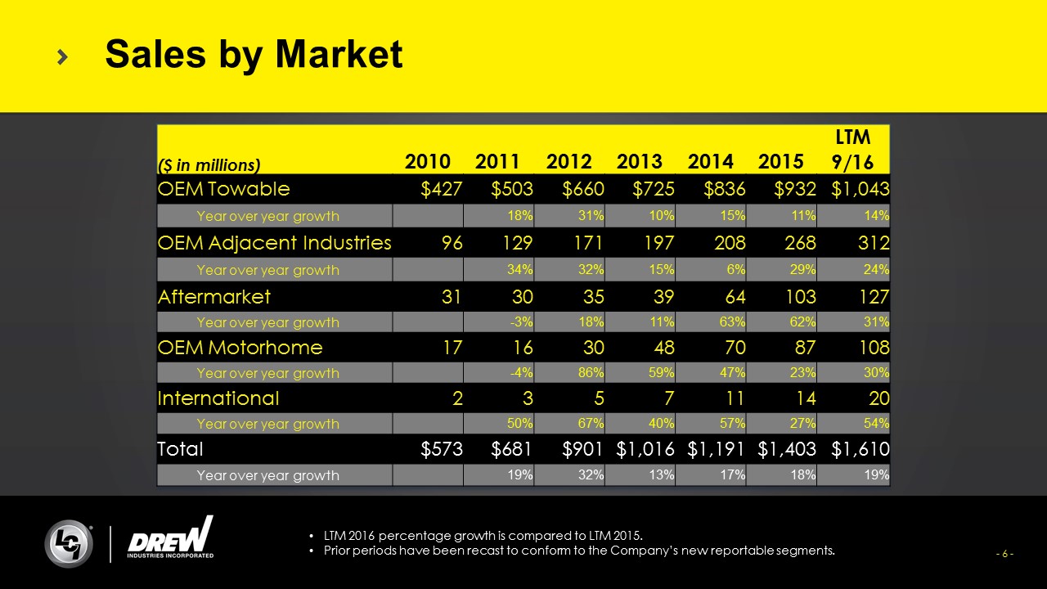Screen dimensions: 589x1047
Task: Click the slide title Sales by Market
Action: tap(254, 55)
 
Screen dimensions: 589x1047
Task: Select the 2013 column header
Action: tap(640, 162)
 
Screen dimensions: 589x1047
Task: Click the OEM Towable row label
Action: tap(223, 189)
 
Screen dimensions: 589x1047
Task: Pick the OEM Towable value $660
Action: tap(583, 189)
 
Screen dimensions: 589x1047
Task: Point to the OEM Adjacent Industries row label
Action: tap(274, 243)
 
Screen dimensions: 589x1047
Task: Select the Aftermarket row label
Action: tap(213, 295)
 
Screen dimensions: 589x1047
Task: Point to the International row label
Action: tap(218, 398)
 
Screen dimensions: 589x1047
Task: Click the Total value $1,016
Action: tap(645, 449)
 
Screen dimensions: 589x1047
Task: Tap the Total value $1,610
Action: tap(860, 449)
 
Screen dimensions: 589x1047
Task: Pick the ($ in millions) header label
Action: tap(208, 165)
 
